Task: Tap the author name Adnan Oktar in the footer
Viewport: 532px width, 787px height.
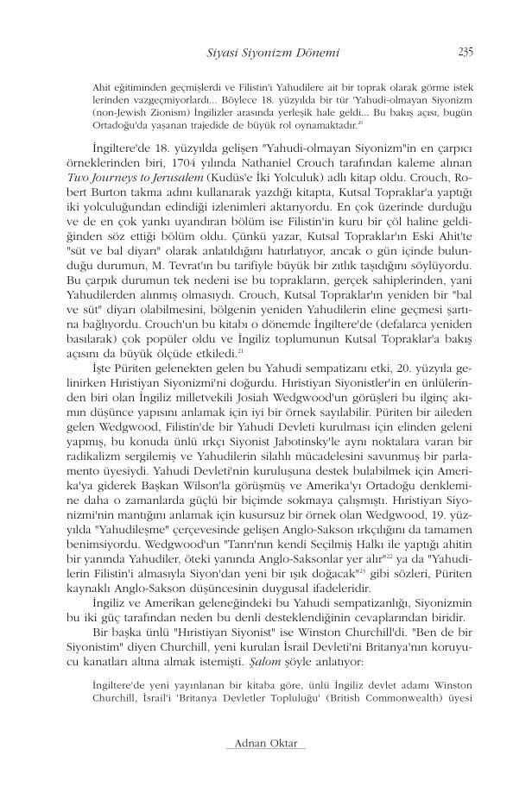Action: pos(265,743)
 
